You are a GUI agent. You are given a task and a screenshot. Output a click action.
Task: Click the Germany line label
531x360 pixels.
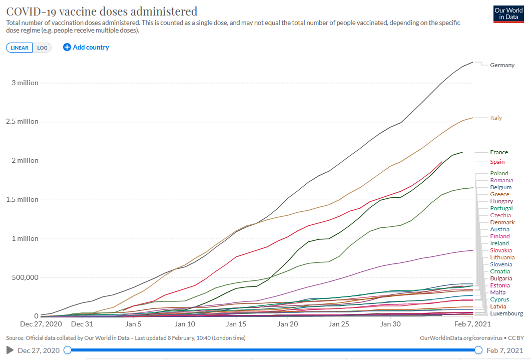[502, 65]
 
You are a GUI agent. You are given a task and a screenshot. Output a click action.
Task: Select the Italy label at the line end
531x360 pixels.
[496, 118]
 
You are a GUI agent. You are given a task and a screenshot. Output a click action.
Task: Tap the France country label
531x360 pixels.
[499, 152]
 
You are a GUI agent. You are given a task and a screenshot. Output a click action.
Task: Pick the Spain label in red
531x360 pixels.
[497, 162]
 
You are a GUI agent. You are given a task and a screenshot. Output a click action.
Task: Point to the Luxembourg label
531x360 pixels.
[506, 313]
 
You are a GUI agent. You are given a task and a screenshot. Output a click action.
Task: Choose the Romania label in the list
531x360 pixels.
[501, 180]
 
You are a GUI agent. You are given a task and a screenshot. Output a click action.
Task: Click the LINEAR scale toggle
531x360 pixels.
[20, 48]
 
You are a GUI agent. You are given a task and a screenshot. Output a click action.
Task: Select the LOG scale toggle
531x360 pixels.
[42, 48]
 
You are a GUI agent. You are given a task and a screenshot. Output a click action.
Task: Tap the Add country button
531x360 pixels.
[86, 47]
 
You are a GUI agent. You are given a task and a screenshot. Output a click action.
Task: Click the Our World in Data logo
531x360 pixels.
[508, 14]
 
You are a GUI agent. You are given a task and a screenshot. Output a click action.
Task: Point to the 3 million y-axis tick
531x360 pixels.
[25, 83]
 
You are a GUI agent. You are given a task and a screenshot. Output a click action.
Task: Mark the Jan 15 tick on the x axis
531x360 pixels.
[236, 324]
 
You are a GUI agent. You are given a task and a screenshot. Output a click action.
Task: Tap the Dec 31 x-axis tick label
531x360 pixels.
[82, 324]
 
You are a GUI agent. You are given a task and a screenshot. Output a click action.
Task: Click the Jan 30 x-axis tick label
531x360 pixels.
[390, 324]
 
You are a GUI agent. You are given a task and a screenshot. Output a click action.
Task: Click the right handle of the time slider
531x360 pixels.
[478, 350]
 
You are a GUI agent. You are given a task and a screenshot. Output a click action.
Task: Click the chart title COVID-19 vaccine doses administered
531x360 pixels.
[102, 11]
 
